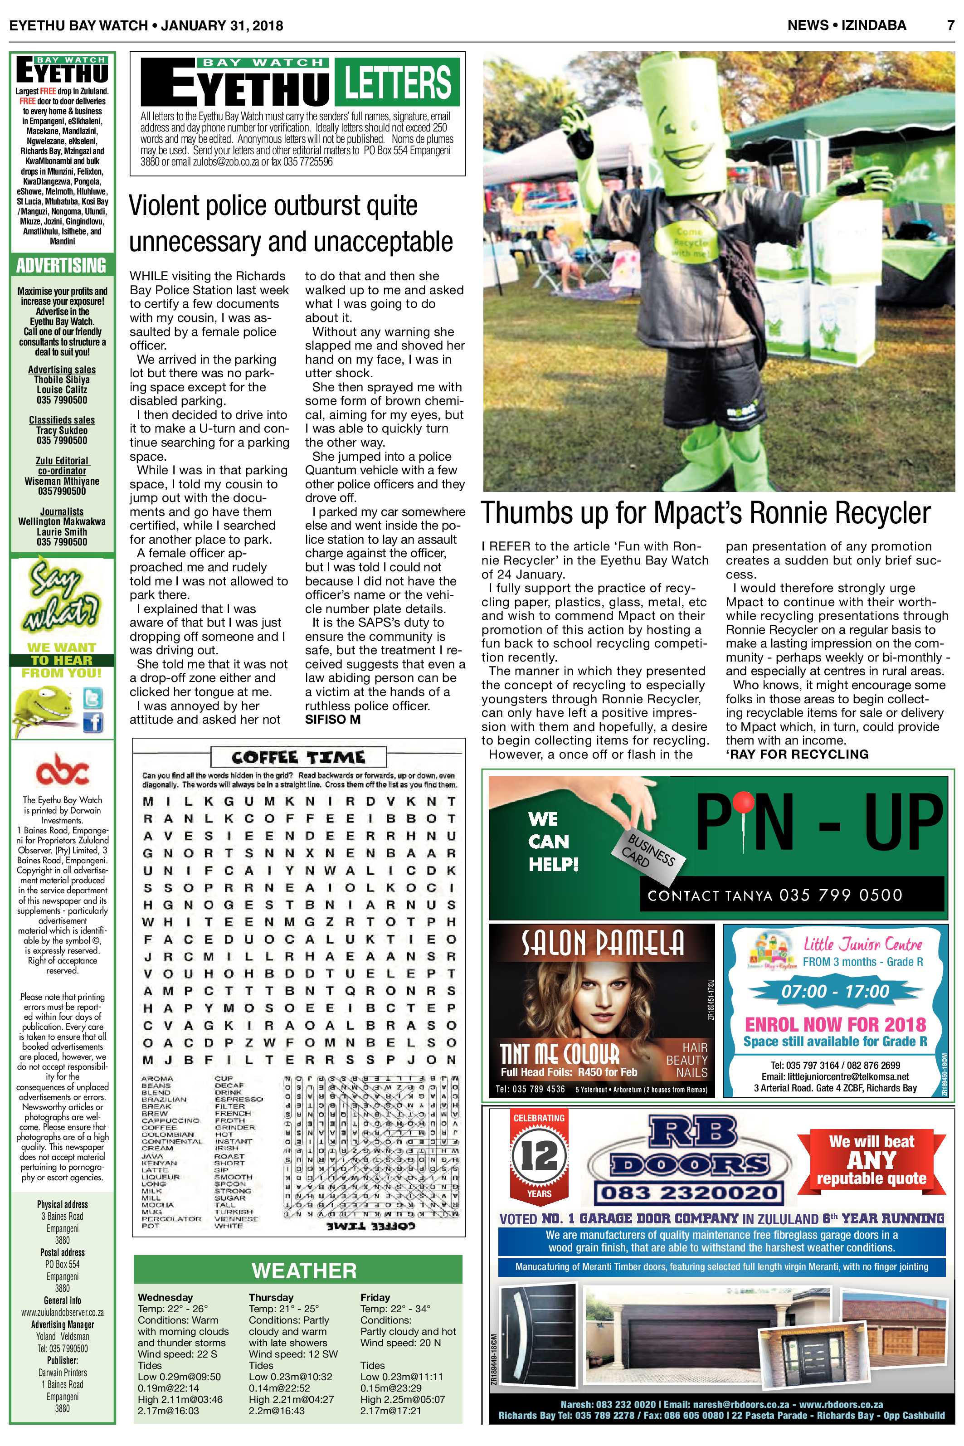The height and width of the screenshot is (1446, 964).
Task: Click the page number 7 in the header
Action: (950, 25)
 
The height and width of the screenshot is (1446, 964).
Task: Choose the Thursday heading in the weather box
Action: (271, 1297)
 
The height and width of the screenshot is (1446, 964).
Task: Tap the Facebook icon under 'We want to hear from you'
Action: (93, 723)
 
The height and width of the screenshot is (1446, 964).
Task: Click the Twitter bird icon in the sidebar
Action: (93, 698)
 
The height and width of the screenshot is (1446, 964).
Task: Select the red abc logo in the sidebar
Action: (62, 769)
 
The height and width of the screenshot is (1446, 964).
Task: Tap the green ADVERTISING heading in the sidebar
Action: (62, 266)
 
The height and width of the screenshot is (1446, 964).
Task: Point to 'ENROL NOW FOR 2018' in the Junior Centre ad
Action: (835, 1025)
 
